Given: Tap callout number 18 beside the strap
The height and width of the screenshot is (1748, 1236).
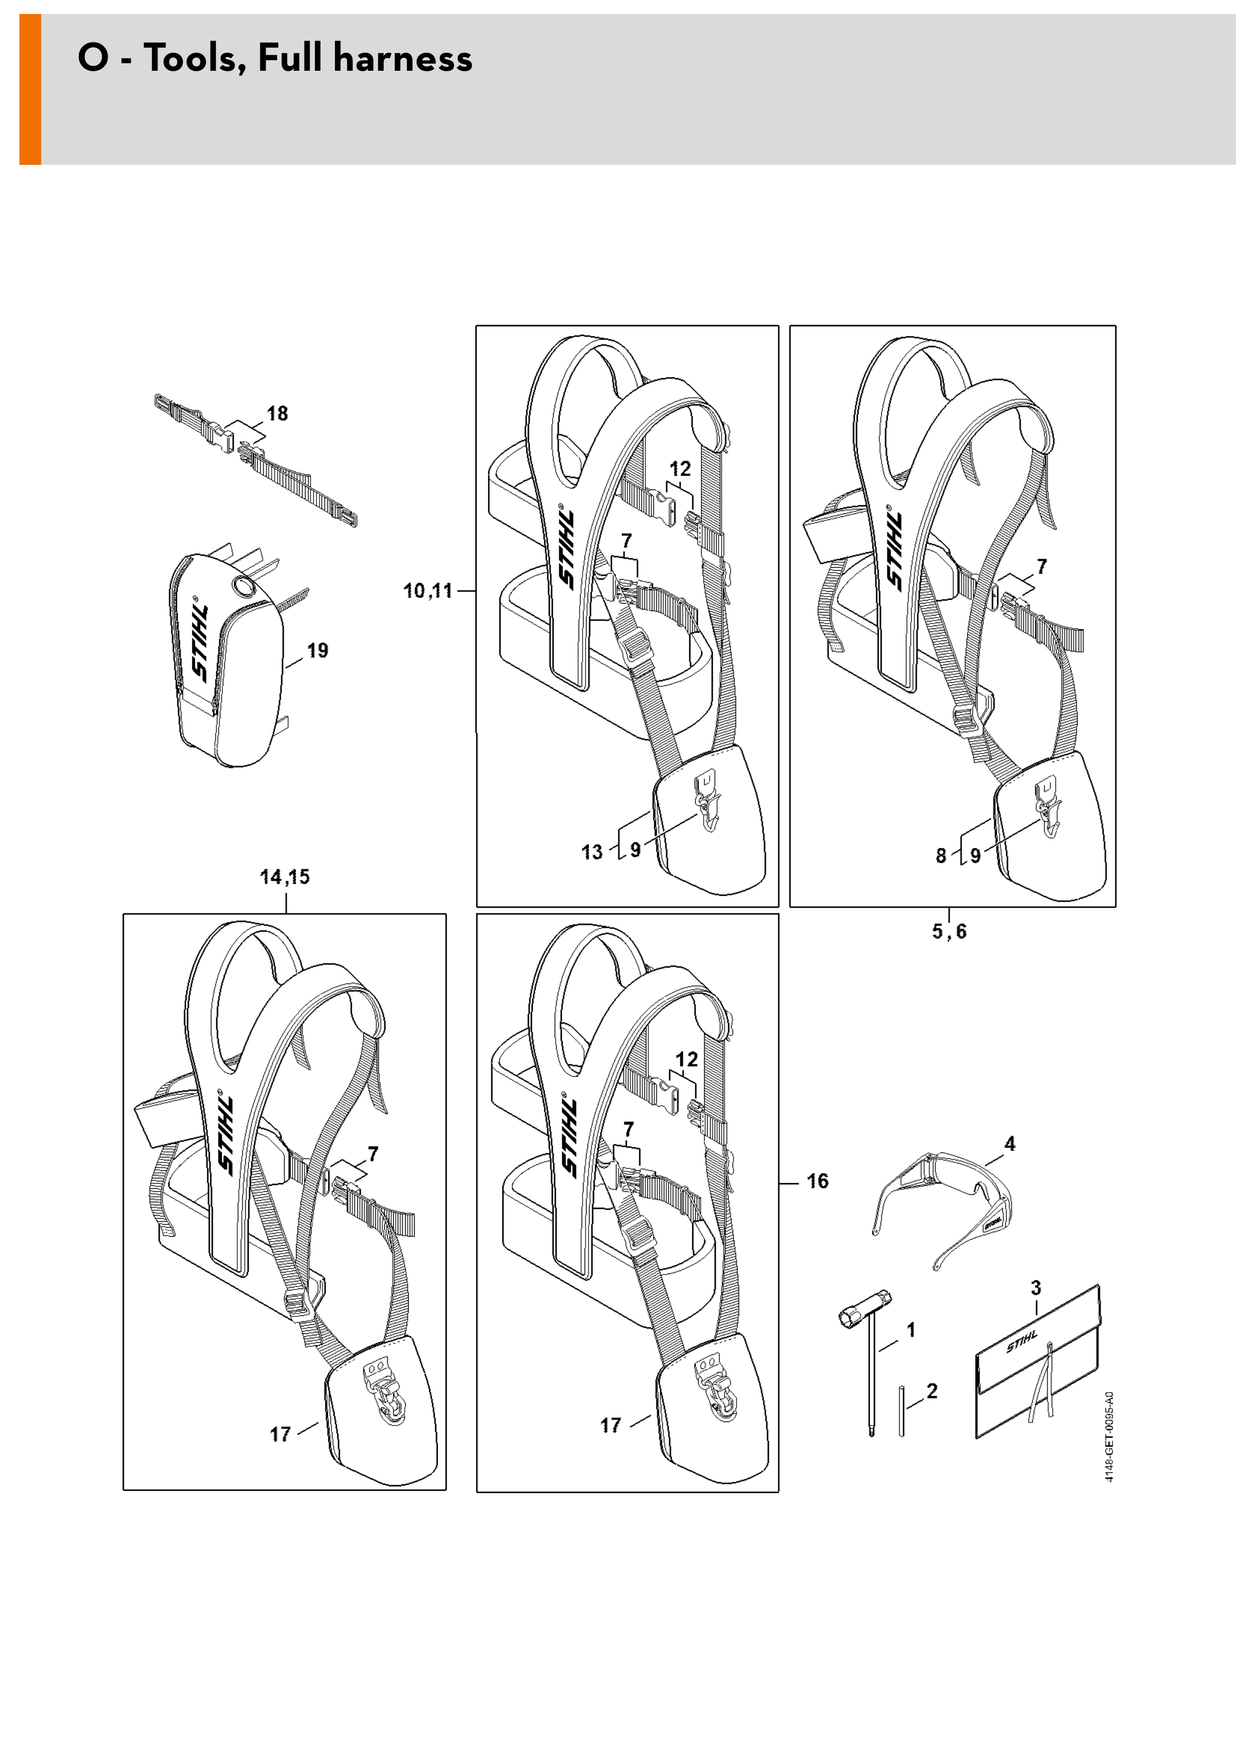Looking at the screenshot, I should [x=277, y=413].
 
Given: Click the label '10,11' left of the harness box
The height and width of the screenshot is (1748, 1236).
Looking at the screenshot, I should [x=428, y=590].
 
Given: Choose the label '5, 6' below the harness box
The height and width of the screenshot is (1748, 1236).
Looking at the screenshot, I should [x=949, y=931].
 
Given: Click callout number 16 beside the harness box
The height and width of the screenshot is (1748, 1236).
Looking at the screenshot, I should [x=817, y=1181].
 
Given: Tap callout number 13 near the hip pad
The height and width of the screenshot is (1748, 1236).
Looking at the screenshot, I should [x=592, y=852].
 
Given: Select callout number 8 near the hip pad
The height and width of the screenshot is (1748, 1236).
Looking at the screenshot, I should [x=940, y=856].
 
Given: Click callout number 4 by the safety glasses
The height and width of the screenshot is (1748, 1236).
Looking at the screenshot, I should [x=1009, y=1143].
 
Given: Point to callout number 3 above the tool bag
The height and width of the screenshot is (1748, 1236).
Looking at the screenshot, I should [x=1036, y=1287].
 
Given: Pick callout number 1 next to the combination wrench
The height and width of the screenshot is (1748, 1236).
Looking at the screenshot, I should [x=911, y=1330].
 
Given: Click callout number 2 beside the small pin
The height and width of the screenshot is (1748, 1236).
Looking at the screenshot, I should [x=931, y=1391].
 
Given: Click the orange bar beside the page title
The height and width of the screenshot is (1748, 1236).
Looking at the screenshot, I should [x=30, y=89].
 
